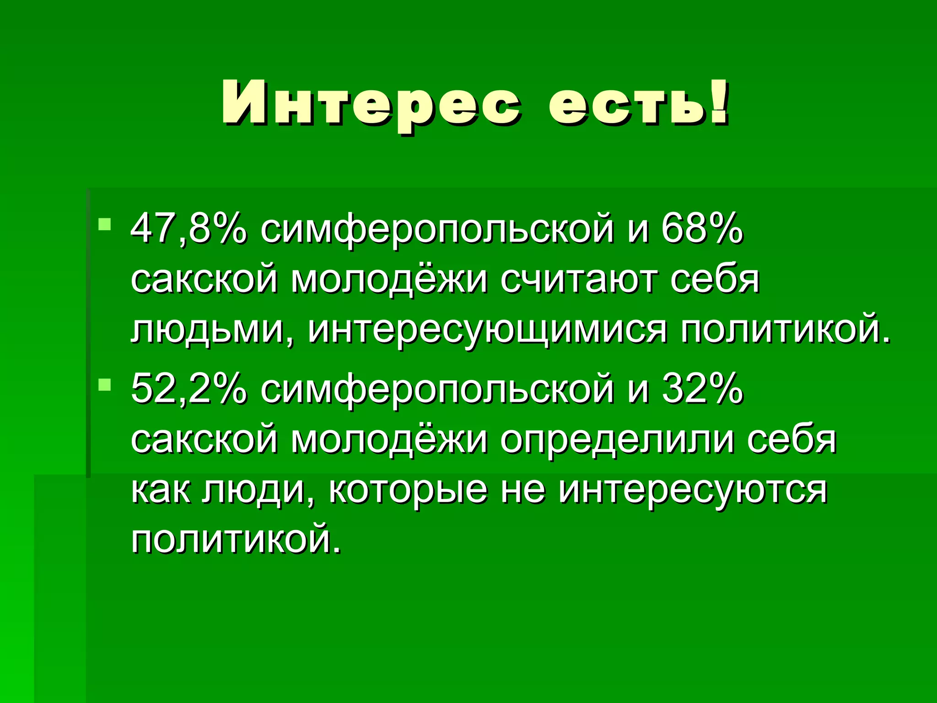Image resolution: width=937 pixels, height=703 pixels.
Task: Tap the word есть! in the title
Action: coord(638,103)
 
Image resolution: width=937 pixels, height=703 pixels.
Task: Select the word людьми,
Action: coord(213,330)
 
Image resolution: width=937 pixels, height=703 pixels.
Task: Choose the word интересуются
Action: coord(693,491)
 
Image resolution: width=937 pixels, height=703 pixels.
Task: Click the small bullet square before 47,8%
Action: coord(105,225)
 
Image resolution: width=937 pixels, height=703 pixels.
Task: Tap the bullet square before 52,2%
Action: coord(105,385)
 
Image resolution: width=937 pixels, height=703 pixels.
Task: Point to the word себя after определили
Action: coord(792,440)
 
